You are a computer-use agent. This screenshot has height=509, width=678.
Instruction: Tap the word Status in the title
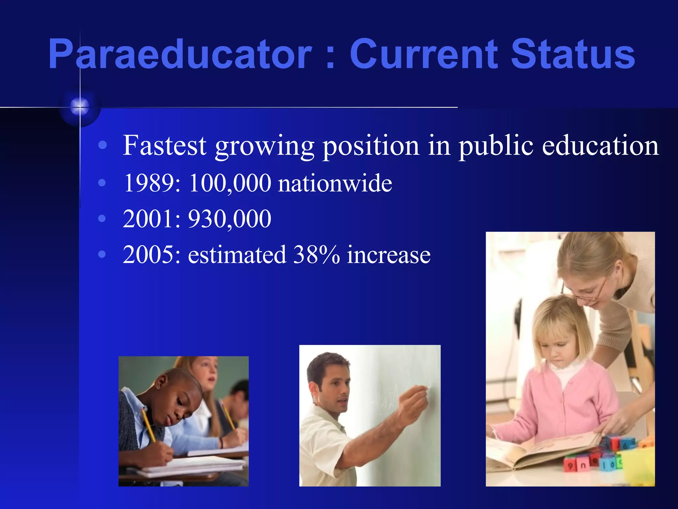click(x=573, y=54)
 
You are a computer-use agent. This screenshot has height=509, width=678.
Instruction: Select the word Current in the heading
click(x=424, y=54)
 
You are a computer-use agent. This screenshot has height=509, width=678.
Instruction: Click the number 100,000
click(x=230, y=183)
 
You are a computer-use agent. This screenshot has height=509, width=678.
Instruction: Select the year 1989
click(x=152, y=183)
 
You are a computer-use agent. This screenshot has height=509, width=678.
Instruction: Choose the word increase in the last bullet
click(x=389, y=255)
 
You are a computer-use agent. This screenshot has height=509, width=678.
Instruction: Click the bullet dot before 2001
click(x=102, y=218)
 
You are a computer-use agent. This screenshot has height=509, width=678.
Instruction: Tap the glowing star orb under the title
click(x=80, y=106)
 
